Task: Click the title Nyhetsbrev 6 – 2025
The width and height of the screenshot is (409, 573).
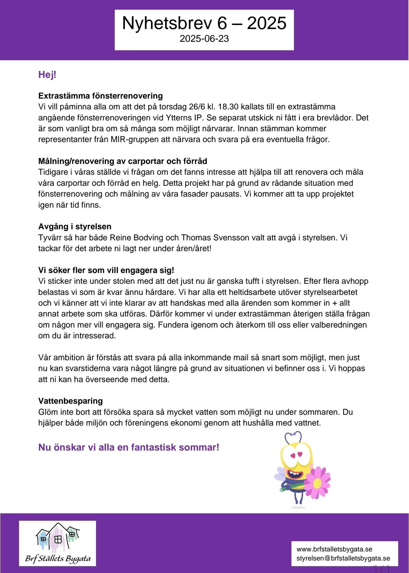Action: coord(204,23)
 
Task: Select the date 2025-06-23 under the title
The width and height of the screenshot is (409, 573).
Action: coord(204,39)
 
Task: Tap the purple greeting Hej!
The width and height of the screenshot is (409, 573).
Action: coord(47,75)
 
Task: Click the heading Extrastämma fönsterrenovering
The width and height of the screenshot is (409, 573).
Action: coord(101,96)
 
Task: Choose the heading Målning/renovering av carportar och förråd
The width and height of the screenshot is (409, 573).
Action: coord(123,161)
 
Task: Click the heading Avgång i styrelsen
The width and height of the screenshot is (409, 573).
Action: coord(75,226)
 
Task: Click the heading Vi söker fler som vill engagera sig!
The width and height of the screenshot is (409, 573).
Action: coord(106,270)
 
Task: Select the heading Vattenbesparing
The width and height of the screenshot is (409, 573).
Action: coord(70,401)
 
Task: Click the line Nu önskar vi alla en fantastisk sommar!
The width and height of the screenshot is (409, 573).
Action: coord(129,447)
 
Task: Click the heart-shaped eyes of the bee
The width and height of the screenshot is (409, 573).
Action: coord(296,455)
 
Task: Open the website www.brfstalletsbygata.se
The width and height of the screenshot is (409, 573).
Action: coord(334,549)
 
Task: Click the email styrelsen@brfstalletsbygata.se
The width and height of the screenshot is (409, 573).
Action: coord(343,558)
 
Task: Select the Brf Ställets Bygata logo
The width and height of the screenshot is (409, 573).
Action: coord(58,543)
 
